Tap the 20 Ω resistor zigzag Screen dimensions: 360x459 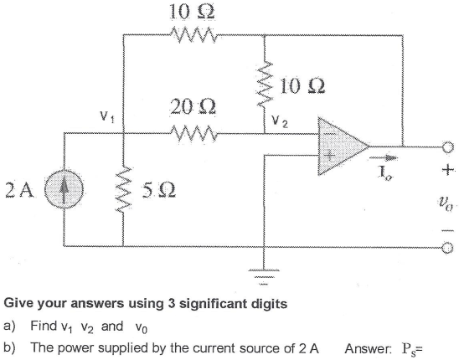(194, 131)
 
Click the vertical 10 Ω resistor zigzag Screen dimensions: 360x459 (266, 84)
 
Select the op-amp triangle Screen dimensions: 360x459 (340, 144)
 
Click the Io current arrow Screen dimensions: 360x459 (387, 158)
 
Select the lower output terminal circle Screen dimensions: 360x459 (448, 249)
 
